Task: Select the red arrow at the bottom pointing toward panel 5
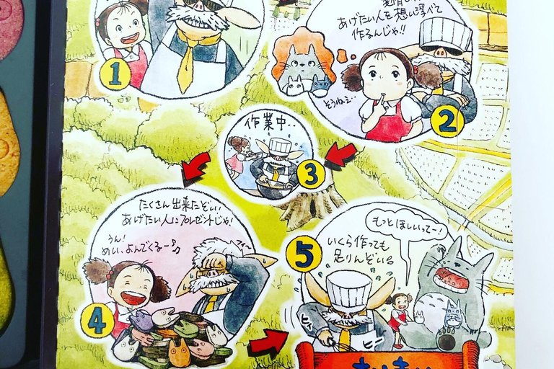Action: (267, 344)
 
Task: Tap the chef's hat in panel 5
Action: (348, 289)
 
